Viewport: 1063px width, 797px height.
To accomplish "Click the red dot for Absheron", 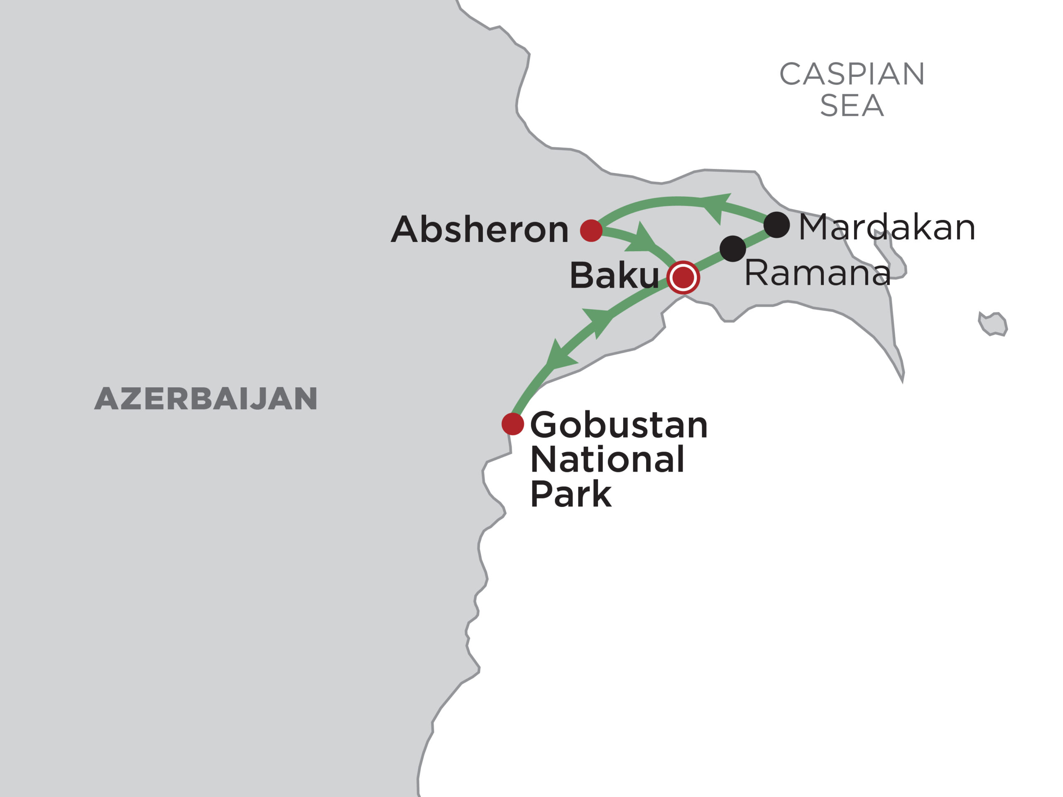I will pyautogui.click(x=591, y=231).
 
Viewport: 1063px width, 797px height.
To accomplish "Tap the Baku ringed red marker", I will pyautogui.click(x=683, y=277).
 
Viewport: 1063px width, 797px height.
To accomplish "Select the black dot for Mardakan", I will pyautogui.click(x=776, y=224).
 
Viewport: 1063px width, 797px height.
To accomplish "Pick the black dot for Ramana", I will pyautogui.click(x=732, y=249).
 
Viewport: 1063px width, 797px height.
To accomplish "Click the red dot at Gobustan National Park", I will pyautogui.click(x=512, y=424).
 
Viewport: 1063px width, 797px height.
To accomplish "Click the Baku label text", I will pyautogui.click(x=614, y=276).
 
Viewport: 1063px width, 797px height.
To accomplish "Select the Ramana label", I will pyautogui.click(x=817, y=273).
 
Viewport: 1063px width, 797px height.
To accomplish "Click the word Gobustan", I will pyautogui.click(x=618, y=425).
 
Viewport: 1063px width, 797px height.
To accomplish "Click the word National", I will pyautogui.click(x=607, y=460).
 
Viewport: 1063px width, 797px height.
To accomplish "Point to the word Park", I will pyautogui.click(x=571, y=494).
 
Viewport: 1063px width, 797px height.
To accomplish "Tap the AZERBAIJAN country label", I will pyautogui.click(x=206, y=399).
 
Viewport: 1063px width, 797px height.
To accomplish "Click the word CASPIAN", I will pyautogui.click(x=852, y=74).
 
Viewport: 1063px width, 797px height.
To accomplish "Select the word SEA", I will pyautogui.click(x=852, y=106).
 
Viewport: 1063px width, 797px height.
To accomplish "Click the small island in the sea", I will pyautogui.click(x=993, y=324).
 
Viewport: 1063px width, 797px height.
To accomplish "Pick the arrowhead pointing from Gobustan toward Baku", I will pyautogui.click(x=598, y=321).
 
